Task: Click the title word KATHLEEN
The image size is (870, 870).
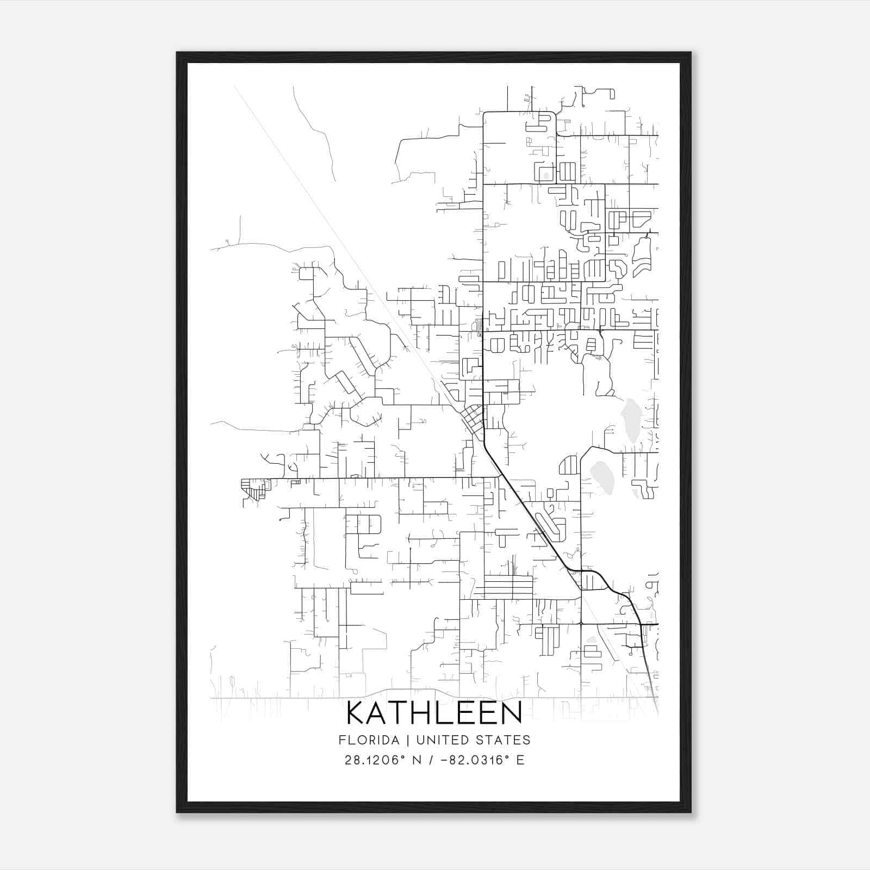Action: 434,713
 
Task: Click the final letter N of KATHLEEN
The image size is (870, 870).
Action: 511,713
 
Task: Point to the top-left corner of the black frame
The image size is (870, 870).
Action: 178,53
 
